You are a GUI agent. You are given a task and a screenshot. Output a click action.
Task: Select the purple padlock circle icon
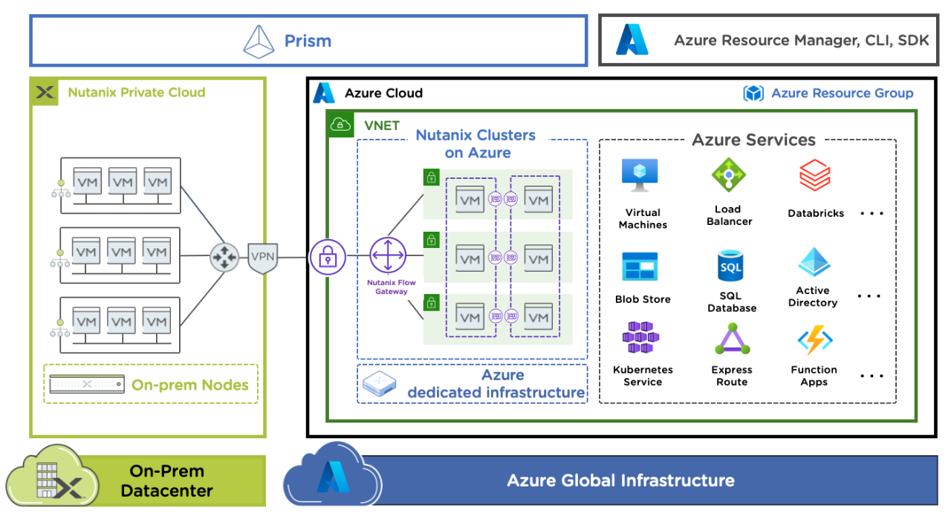tap(328, 257)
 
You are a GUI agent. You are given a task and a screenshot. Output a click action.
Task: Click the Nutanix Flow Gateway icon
tap(387, 256)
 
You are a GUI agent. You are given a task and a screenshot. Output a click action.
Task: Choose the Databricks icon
tap(815, 177)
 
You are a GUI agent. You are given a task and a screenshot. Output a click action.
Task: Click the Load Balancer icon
tap(729, 175)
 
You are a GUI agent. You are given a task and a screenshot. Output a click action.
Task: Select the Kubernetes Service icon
tap(641, 338)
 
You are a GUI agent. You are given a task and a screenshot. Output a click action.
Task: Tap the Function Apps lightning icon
tap(814, 341)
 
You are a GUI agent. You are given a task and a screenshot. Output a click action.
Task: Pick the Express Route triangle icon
tap(732, 340)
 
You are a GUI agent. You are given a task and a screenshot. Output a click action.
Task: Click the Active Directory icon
tap(814, 263)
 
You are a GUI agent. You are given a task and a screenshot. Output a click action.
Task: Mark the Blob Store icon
tap(640, 267)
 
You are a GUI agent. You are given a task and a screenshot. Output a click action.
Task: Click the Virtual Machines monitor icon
tap(640, 177)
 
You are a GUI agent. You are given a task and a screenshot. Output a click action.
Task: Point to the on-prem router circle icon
tap(223, 257)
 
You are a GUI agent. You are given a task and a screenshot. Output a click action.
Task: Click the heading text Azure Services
tap(753, 140)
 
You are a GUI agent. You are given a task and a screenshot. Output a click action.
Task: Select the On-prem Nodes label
tap(189, 385)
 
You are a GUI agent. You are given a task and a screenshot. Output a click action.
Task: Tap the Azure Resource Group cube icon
tap(753, 94)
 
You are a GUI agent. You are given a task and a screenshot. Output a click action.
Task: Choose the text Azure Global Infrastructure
tap(620, 480)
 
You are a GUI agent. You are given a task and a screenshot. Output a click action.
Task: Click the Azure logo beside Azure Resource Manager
tap(632, 40)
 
